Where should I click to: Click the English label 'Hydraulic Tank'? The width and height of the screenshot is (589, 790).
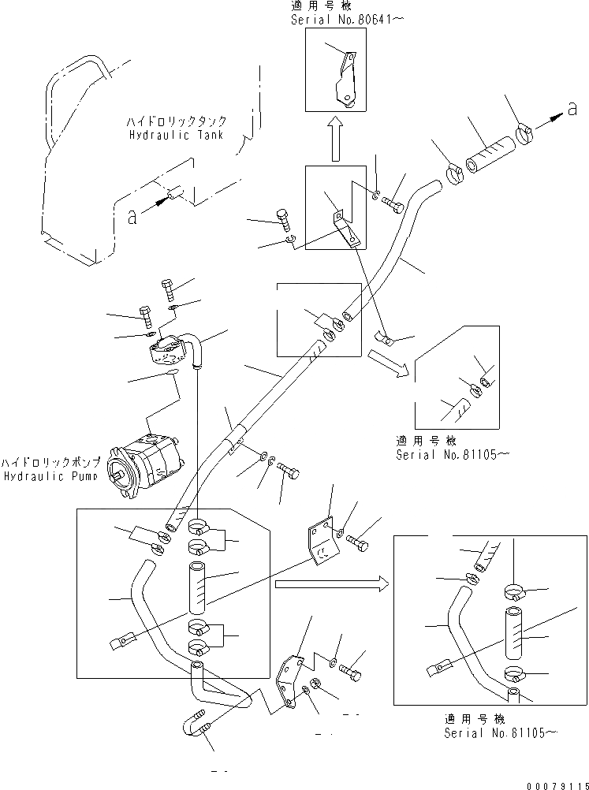176,135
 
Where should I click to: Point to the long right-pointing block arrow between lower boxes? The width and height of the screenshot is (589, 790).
331,584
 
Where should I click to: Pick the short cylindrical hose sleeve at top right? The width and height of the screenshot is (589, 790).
490,158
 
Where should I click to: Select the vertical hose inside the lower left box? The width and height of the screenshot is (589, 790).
199,588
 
